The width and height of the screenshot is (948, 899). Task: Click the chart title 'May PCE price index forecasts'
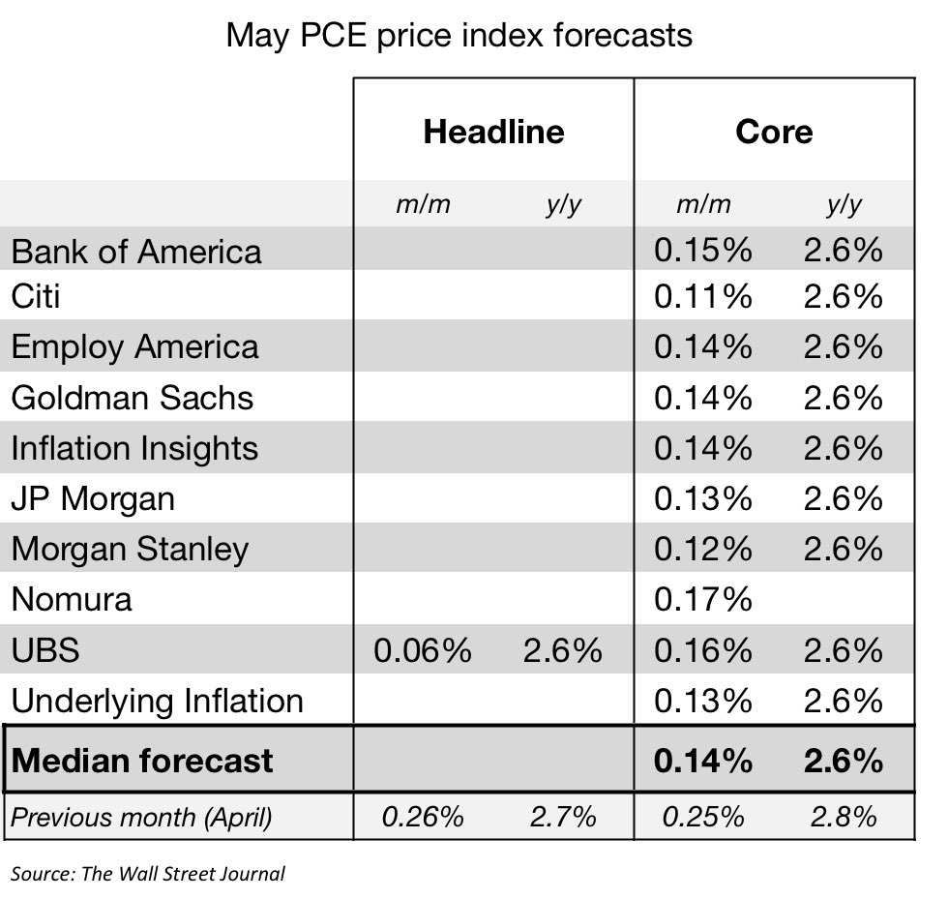pos(459,36)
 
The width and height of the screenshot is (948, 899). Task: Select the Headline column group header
pos(493,131)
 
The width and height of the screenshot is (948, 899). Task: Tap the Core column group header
pos(774,131)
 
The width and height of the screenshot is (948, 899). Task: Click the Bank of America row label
pos(136,252)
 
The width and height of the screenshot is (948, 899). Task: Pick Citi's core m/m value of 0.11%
pos(702,296)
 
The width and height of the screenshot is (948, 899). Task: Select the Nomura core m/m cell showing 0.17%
pos(702,599)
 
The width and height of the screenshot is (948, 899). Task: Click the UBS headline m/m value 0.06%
pos(422,650)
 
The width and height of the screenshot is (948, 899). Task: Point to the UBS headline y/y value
pos(562,650)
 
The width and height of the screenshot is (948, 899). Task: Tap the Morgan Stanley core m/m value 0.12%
pos(702,549)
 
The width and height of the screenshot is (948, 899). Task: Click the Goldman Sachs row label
pos(133,398)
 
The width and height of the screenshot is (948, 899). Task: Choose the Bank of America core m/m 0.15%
pos(702,251)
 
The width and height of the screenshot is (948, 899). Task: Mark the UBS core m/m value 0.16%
pos(702,650)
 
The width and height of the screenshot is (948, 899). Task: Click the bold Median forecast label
pos(142,761)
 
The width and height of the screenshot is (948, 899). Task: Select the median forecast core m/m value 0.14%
pos(702,761)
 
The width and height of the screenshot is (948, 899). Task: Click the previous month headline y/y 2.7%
pos(562,818)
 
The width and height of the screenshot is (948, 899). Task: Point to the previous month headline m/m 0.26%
pos(422,818)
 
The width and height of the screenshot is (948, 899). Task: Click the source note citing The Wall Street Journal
pos(148,874)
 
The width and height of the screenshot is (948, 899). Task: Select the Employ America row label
pos(135,347)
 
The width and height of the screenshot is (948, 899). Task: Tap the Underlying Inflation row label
pos(157,701)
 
